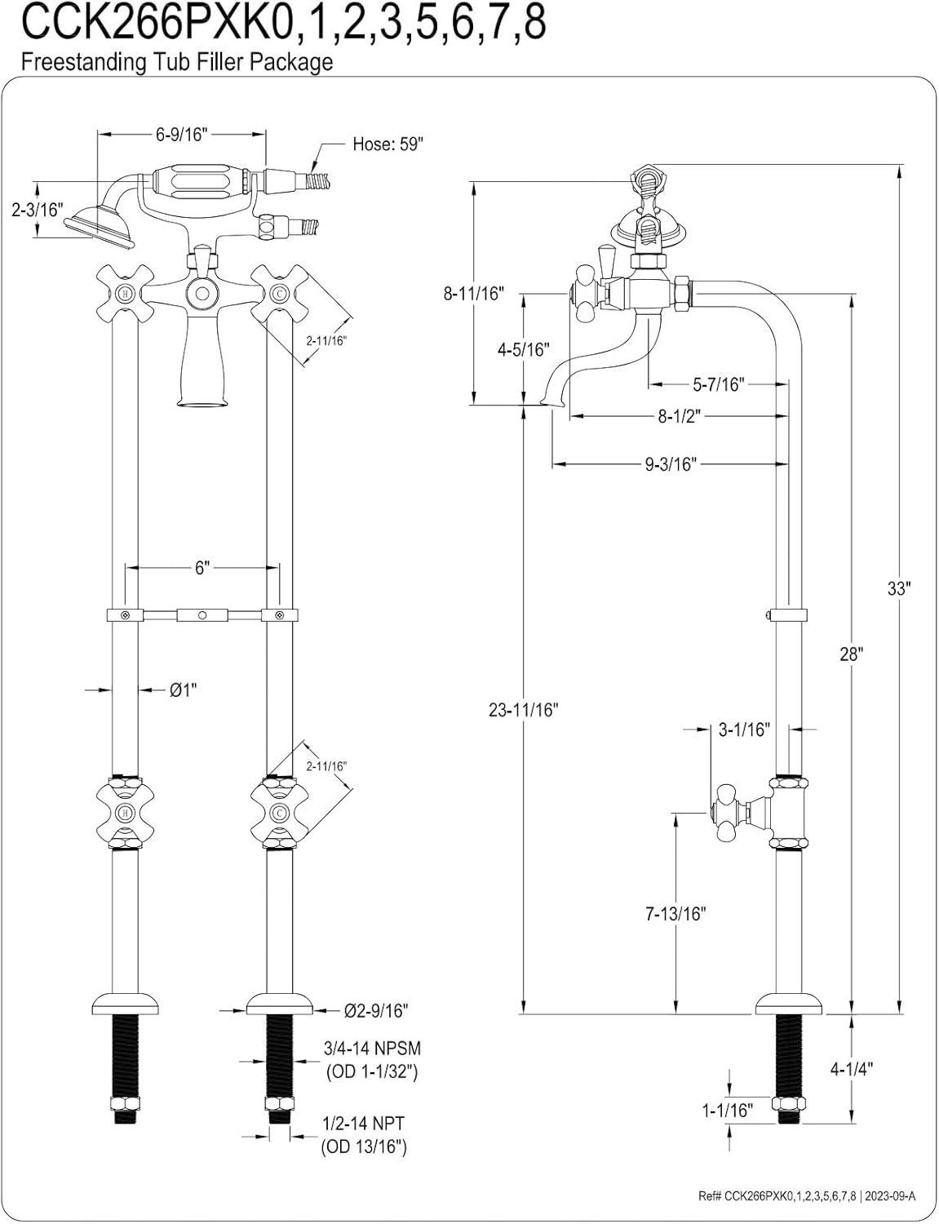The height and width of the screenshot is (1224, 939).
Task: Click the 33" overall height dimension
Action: click(x=898, y=588)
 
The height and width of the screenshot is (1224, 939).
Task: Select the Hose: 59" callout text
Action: click(x=388, y=144)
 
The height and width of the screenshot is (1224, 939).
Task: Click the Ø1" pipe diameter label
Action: click(x=184, y=690)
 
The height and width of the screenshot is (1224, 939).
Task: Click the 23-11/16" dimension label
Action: click(x=525, y=710)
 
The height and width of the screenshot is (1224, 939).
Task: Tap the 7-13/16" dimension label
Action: click(x=675, y=914)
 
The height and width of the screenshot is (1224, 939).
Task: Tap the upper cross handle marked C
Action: click(x=279, y=293)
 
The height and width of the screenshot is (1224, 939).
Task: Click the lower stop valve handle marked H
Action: click(x=124, y=814)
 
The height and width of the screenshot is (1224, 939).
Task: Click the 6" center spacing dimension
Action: click(x=202, y=568)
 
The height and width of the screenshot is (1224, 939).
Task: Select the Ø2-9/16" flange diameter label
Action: click(x=374, y=1010)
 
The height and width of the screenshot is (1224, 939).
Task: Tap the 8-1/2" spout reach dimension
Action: click(x=680, y=416)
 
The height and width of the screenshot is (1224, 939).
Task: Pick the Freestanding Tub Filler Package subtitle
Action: click(x=177, y=63)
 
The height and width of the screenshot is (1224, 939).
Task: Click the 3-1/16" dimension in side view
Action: click(x=743, y=729)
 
